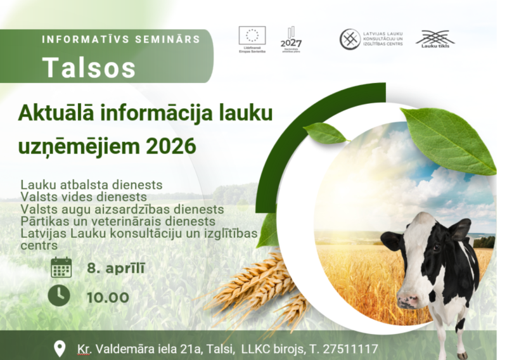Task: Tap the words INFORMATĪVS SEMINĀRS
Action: tap(121, 39)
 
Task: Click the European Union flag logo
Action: tap(252, 35)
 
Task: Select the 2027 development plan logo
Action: tap(291, 39)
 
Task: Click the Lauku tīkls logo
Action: tap(435, 39)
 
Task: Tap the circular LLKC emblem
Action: tap(350, 39)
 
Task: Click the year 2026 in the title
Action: tap(170, 146)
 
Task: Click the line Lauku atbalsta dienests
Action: tap(91, 185)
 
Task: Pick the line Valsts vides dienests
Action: tap(84, 197)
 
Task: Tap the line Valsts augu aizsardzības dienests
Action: tap(122, 209)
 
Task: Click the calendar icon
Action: tap(61, 267)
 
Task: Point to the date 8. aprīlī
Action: tap(116, 267)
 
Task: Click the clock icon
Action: tap(60, 296)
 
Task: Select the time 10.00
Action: tap(108, 297)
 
